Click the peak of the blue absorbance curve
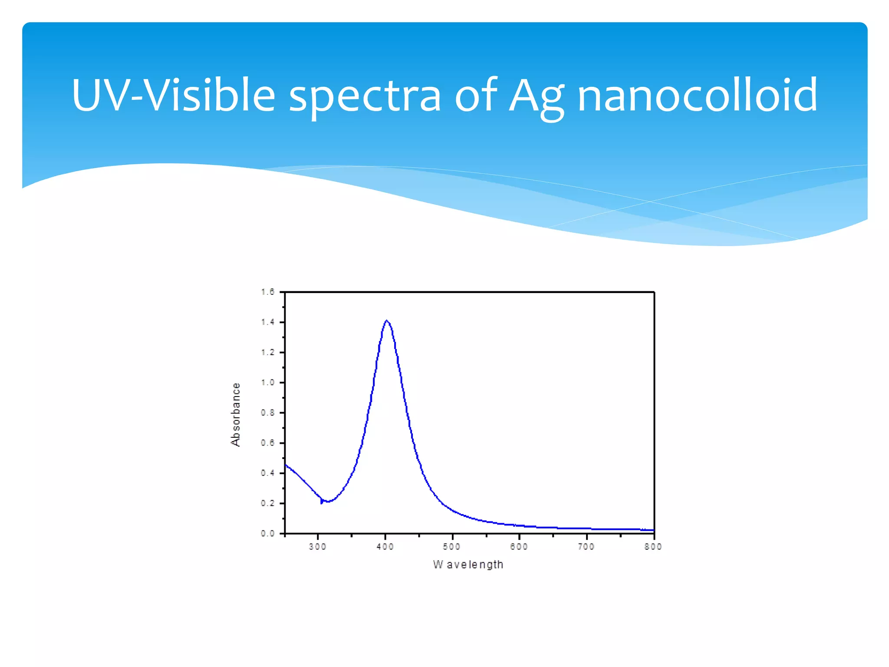(x=386, y=321)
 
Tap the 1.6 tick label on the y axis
(x=268, y=292)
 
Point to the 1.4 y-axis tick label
(x=268, y=322)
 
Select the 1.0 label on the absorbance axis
(x=268, y=383)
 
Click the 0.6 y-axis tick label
(x=268, y=443)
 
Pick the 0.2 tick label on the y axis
(x=268, y=503)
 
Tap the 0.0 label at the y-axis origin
(x=268, y=533)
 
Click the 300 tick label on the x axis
(x=318, y=547)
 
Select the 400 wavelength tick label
(x=385, y=547)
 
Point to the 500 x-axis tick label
(x=452, y=547)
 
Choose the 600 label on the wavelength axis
(x=519, y=547)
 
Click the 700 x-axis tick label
(x=586, y=547)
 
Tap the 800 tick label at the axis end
(x=653, y=547)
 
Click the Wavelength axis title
(x=468, y=565)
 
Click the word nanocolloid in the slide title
(x=697, y=95)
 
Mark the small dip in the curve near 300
(x=322, y=502)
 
